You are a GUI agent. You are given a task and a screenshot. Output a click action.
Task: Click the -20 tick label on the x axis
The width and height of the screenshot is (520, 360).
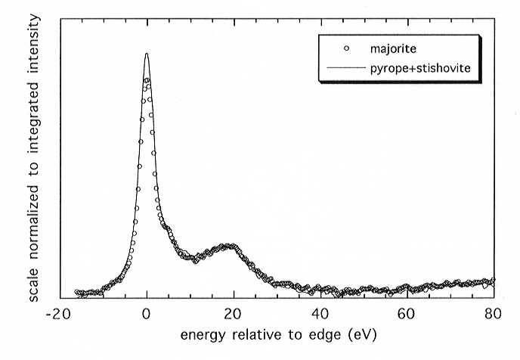[60, 312]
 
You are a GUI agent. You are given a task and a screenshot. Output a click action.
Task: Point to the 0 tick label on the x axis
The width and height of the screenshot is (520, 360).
[147, 312]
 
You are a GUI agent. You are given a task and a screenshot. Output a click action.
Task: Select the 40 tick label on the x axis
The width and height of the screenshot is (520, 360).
[320, 312]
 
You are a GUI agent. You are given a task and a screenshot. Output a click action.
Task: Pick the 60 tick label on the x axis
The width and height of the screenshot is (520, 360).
[407, 312]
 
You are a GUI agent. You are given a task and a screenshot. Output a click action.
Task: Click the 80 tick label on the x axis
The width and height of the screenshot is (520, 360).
[493, 312]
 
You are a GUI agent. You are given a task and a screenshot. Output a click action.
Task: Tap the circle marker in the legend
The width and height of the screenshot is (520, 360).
[345, 50]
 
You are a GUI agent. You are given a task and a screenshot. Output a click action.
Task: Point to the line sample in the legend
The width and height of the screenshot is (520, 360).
[345, 69]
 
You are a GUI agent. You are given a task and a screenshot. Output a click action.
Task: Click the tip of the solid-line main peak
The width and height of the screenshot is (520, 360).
[147, 54]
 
